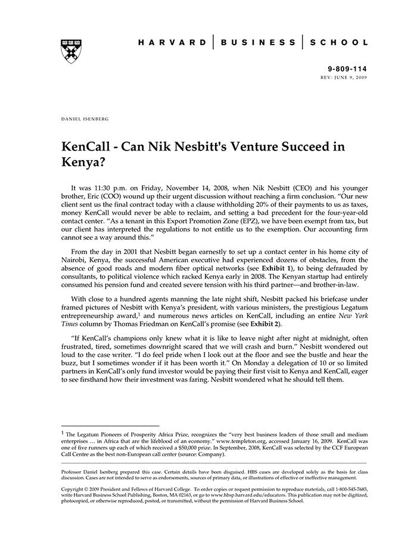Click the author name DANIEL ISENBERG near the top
[x=85, y=119]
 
